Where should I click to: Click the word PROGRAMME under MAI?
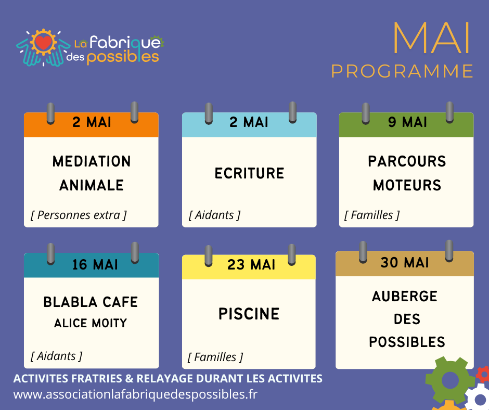402,71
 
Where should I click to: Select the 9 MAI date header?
407,122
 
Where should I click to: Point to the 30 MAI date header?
405,263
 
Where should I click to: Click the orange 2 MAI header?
92,123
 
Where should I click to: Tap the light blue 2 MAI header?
249,122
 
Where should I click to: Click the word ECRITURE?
249,173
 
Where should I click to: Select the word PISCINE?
249,314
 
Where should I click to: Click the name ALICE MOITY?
91,324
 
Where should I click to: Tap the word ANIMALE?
92,185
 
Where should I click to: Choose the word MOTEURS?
407,185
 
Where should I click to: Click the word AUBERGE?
405,297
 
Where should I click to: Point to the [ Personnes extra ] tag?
79,215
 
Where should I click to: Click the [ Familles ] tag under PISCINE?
215,357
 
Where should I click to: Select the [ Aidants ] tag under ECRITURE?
214,215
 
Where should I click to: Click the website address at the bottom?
135,394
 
